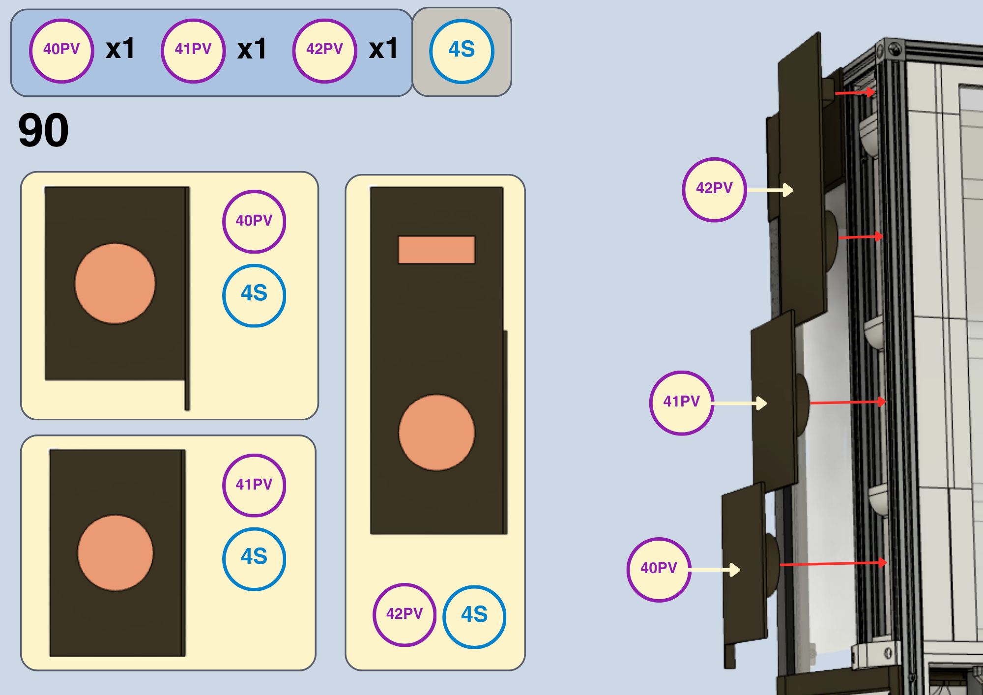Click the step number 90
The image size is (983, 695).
click(43, 130)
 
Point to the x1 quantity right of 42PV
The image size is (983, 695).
click(383, 49)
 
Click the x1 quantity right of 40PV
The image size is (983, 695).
click(120, 49)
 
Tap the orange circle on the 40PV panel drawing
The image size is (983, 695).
click(115, 284)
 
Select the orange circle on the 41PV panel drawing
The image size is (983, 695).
click(116, 553)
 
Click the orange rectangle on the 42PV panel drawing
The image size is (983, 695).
click(436, 250)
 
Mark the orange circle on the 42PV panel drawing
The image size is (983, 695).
click(436, 433)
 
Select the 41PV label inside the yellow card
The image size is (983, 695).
click(254, 485)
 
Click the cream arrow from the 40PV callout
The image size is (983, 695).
click(715, 570)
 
